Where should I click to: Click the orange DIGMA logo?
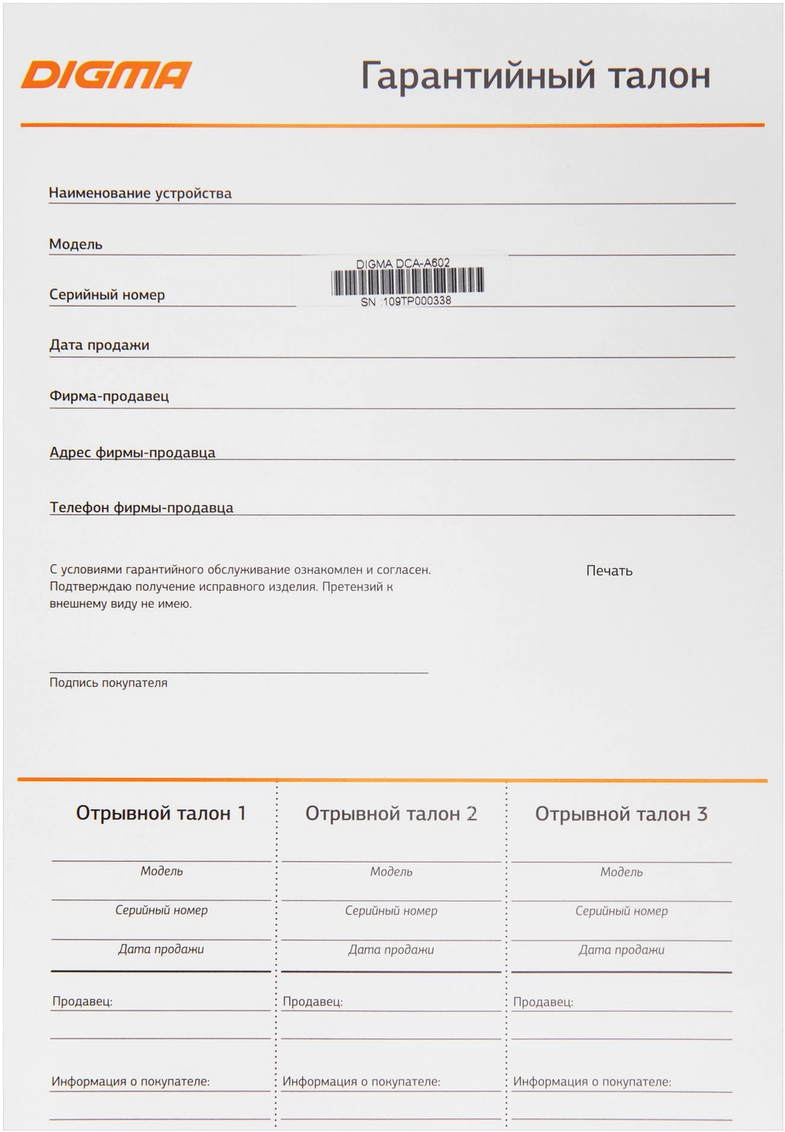[106, 75]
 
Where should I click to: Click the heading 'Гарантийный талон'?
[535, 76]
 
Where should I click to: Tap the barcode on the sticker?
[407, 281]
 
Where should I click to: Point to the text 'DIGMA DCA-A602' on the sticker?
[403, 263]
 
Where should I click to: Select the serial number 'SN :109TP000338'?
[406, 301]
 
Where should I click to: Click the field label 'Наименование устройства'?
[140, 193]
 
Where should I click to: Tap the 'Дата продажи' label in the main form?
[100, 346]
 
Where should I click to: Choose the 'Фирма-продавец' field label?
[109, 396]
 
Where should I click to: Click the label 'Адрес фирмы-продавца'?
[133, 453]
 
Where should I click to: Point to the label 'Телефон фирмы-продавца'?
[142, 508]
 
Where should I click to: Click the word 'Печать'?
[609, 571]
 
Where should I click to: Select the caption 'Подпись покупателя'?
[109, 683]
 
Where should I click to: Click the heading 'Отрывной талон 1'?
[161, 814]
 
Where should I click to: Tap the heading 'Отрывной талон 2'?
[391, 814]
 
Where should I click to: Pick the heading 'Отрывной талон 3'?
[621, 814]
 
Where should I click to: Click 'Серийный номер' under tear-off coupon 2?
[391, 911]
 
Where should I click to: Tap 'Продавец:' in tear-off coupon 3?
[543, 1002]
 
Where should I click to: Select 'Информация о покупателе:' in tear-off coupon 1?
[131, 1081]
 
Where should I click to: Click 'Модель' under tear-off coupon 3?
[621, 872]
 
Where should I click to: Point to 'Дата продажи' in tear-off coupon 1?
[161, 949]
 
